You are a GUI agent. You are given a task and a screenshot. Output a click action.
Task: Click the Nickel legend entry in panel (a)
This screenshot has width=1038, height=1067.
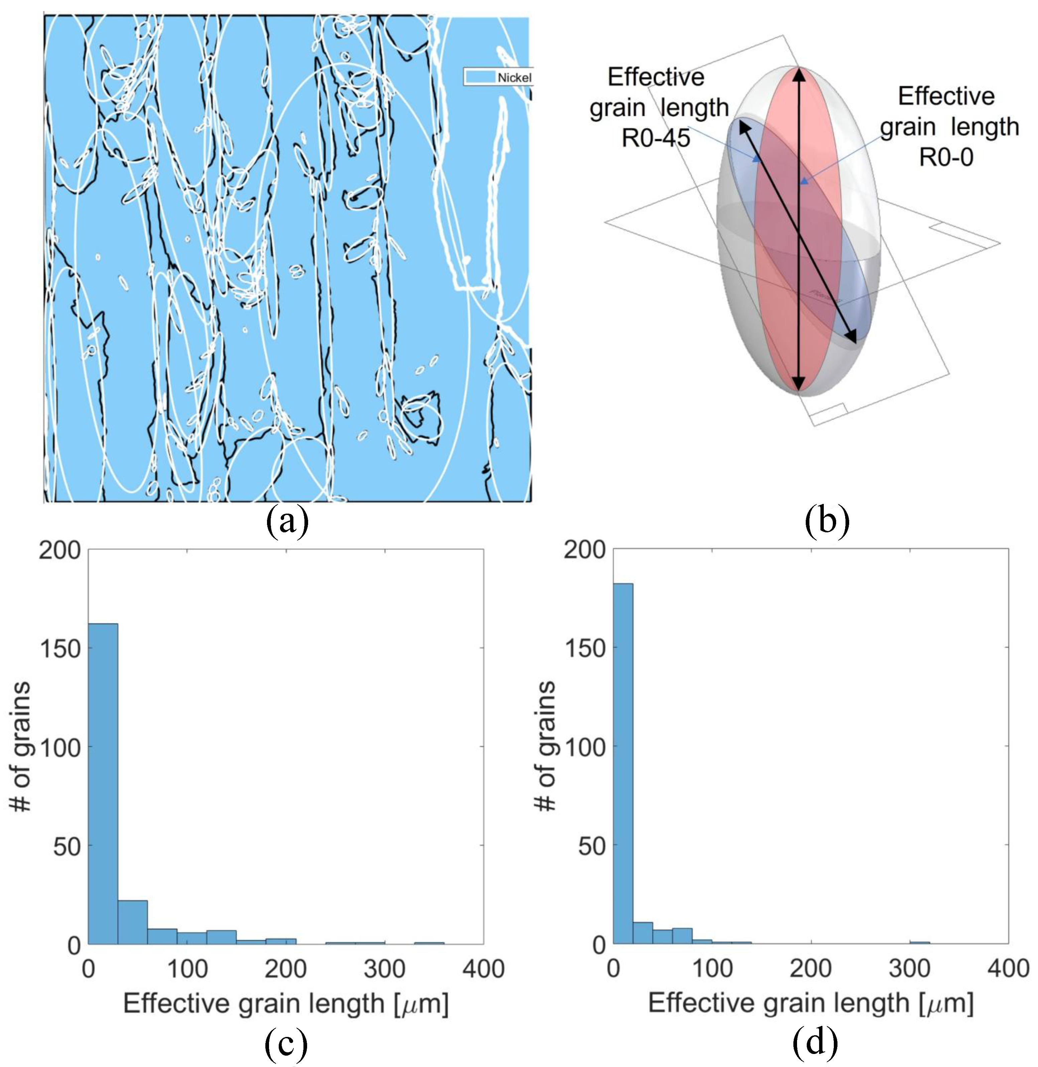point(498,77)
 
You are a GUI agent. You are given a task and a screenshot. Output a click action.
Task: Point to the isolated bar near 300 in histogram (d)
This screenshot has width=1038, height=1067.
point(920,942)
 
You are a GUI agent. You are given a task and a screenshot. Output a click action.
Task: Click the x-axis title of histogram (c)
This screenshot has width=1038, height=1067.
point(286,1004)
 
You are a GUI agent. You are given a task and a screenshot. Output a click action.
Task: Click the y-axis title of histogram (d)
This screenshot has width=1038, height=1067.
point(546,747)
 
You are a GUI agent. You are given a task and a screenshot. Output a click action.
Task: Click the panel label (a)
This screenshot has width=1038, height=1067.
point(287,522)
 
